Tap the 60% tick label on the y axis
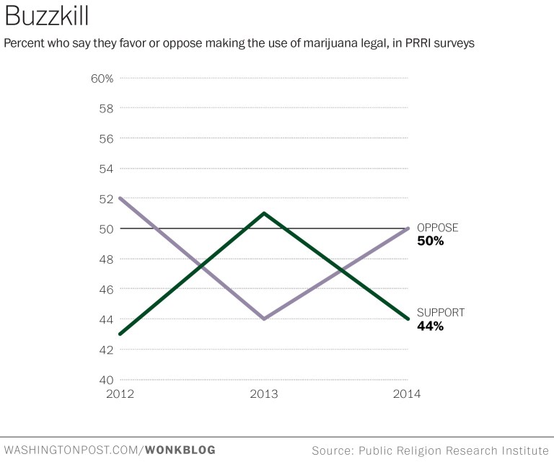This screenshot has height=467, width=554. point(102,78)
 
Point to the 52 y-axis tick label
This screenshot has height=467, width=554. point(106,199)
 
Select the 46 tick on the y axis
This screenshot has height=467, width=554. point(106,289)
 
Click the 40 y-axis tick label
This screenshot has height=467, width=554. point(106,380)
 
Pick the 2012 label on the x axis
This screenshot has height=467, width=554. point(120,394)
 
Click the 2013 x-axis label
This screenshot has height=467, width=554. point(264,394)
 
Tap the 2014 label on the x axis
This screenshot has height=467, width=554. point(407,394)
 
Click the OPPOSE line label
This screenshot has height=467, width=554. point(437,228)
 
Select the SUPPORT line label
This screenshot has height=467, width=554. point(441,313)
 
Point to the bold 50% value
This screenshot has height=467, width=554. point(431,241)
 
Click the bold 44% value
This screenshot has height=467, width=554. point(431,326)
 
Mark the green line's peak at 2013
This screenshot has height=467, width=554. point(264,213)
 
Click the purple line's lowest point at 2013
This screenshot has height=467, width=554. point(264,319)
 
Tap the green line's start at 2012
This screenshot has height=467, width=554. point(120,334)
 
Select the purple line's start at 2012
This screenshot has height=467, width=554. point(120,198)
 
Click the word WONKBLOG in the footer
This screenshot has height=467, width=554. point(180,450)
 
